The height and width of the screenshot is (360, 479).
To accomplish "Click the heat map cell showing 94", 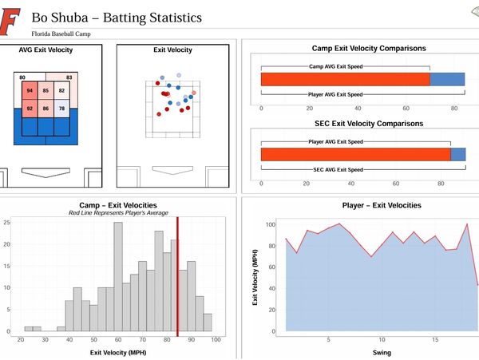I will pyautogui.click(x=30, y=92).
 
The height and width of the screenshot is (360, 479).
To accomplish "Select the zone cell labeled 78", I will pyautogui.click(x=61, y=109).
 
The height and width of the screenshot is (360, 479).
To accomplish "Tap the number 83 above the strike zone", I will pyautogui.click(x=69, y=77).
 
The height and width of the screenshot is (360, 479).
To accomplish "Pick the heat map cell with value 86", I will pyautogui.click(x=46, y=109).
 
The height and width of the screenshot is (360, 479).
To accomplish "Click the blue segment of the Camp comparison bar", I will pyautogui.click(x=447, y=78).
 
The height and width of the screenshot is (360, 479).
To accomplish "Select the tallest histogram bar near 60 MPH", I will pyautogui.click(x=118, y=275).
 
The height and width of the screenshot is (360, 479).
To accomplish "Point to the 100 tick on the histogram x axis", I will pyautogui.click(x=216, y=340).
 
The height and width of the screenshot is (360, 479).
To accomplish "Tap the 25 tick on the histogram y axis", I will pyautogui.click(x=7, y=222).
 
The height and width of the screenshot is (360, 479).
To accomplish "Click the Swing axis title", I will pyautogui.click(x=359, y=352).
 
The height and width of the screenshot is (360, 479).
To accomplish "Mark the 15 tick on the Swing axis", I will pyautogui.click(x=435, y=339).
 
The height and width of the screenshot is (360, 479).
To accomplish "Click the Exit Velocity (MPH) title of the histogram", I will pyautogui.click(x=118, y=351).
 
